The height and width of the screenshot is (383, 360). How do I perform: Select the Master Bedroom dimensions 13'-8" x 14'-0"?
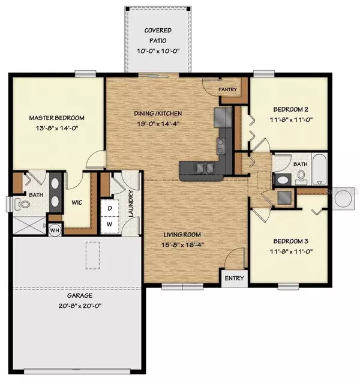[57, 128]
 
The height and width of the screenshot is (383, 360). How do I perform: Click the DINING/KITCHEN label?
[157, 113]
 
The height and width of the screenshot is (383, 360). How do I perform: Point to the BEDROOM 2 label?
[291, 109]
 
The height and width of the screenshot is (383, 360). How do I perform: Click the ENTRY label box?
[234, 279]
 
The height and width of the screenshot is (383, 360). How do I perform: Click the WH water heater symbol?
[55, 229]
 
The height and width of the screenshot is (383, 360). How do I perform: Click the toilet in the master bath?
[23, 204]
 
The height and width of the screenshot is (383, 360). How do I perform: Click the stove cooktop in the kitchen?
[220, 144]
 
